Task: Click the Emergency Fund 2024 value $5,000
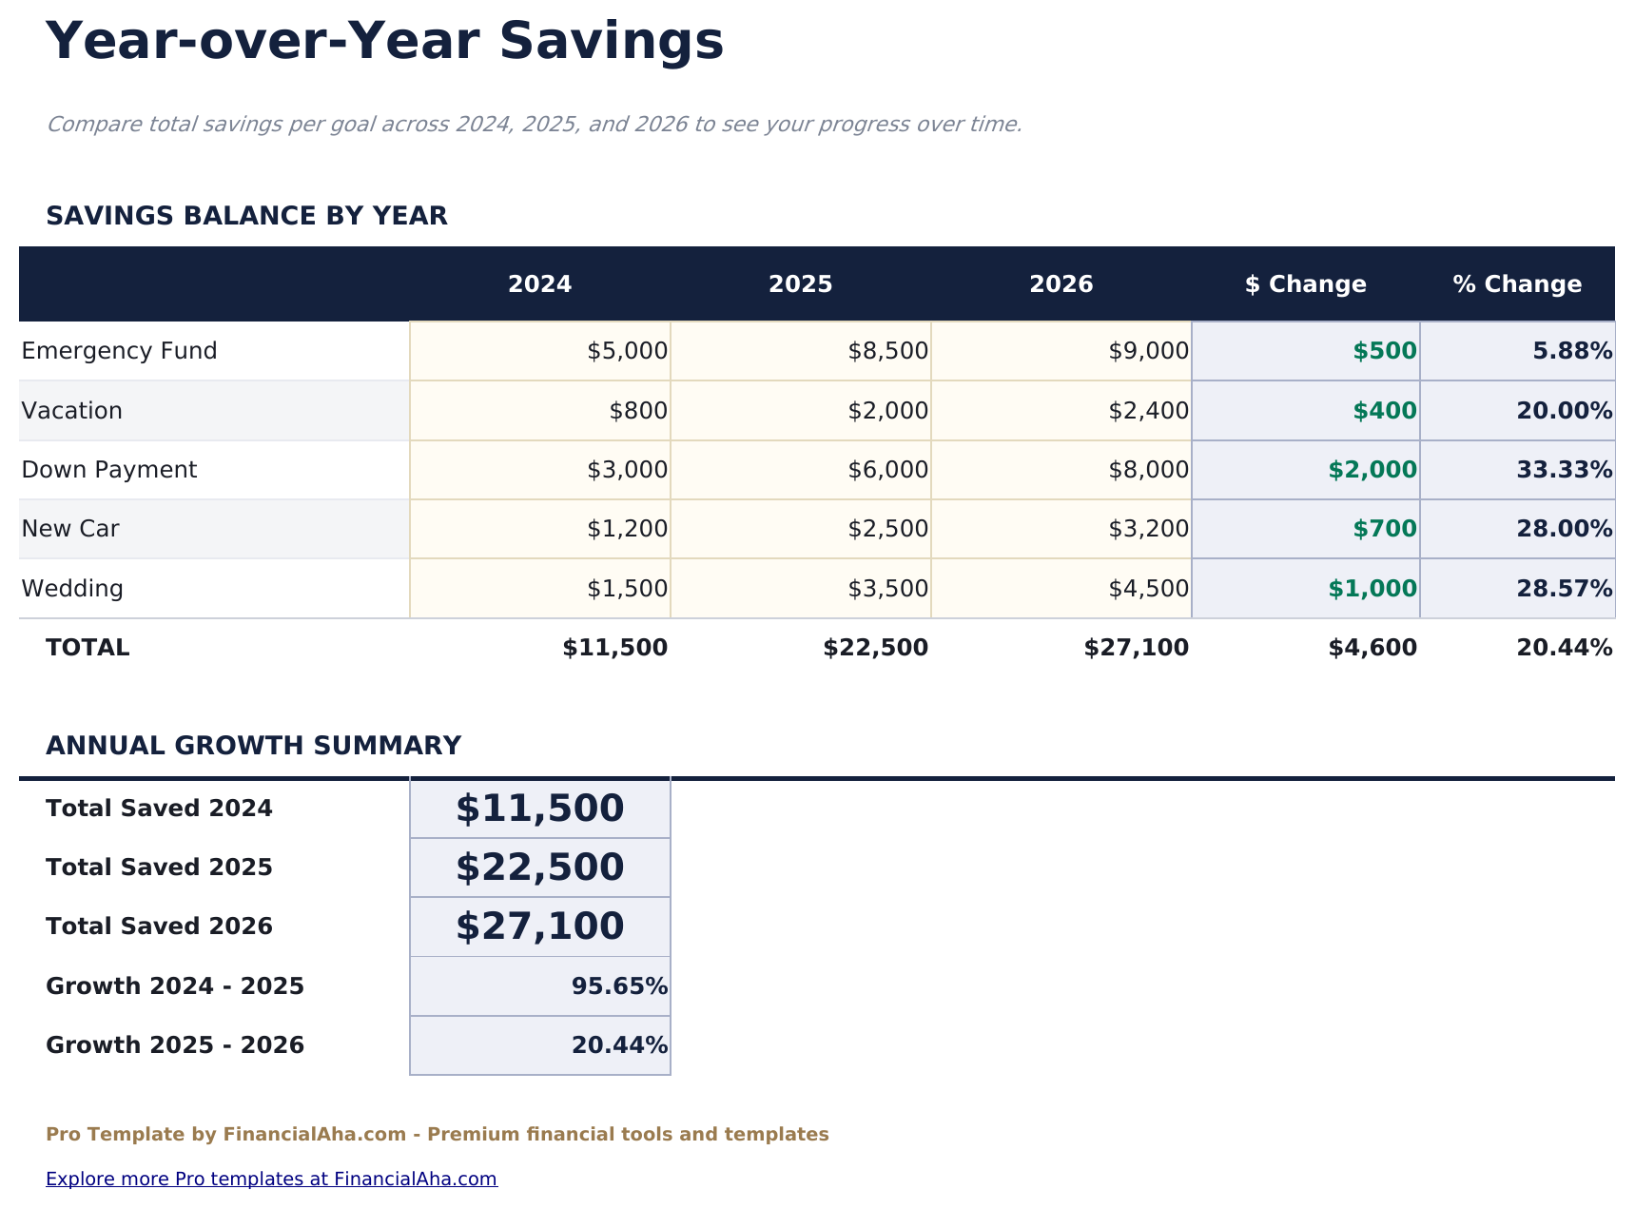click(x=627, y=351)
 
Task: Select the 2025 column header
click(x=800, y=284)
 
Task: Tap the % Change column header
click(x=1517, y=284)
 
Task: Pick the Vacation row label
click(x=72, y=411)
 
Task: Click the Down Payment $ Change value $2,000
click(x=1372, y=470)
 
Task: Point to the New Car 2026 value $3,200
click(x=1148, y=529)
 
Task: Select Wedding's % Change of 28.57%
click(x=1564, y=589)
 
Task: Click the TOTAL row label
click(x=88, y=648)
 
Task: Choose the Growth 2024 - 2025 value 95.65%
click(x=619, y=986)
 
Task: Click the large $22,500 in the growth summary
click(x=539, y=868)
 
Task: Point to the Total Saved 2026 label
click(x=159, y=926)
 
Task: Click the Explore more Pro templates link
click(x=271, y=1180)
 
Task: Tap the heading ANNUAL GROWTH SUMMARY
click(x=253, y=746)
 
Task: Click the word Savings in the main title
click(x=611, y=42)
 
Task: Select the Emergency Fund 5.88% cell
click(x=1571, y=351)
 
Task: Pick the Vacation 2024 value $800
click(x=638, y=411)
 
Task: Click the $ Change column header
click(x=1305, y=284)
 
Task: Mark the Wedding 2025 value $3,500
click(x=887, y=589)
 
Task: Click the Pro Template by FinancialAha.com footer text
click(x=437, y=1135)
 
